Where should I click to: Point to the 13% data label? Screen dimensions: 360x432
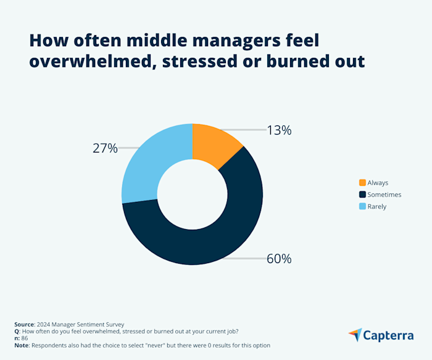click(279, 130)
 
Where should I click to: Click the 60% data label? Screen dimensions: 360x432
click(279, 259)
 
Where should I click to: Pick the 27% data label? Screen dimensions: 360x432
click(104, 148)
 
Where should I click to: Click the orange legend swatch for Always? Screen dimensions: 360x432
click(362, 183)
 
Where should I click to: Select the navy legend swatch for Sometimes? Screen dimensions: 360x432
click(362, 195)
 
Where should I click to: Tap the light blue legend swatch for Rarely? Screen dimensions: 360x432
click(362, 206)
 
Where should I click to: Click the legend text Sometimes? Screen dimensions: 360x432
click(384, 195)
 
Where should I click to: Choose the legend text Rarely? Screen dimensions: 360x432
click(376, 206)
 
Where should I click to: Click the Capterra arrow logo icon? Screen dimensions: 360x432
click(355, 335)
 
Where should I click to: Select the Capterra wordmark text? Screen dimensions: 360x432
click(389, 335)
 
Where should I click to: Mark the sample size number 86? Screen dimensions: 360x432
click(25, 338)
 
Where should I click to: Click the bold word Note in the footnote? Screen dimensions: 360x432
click(22, 345)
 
